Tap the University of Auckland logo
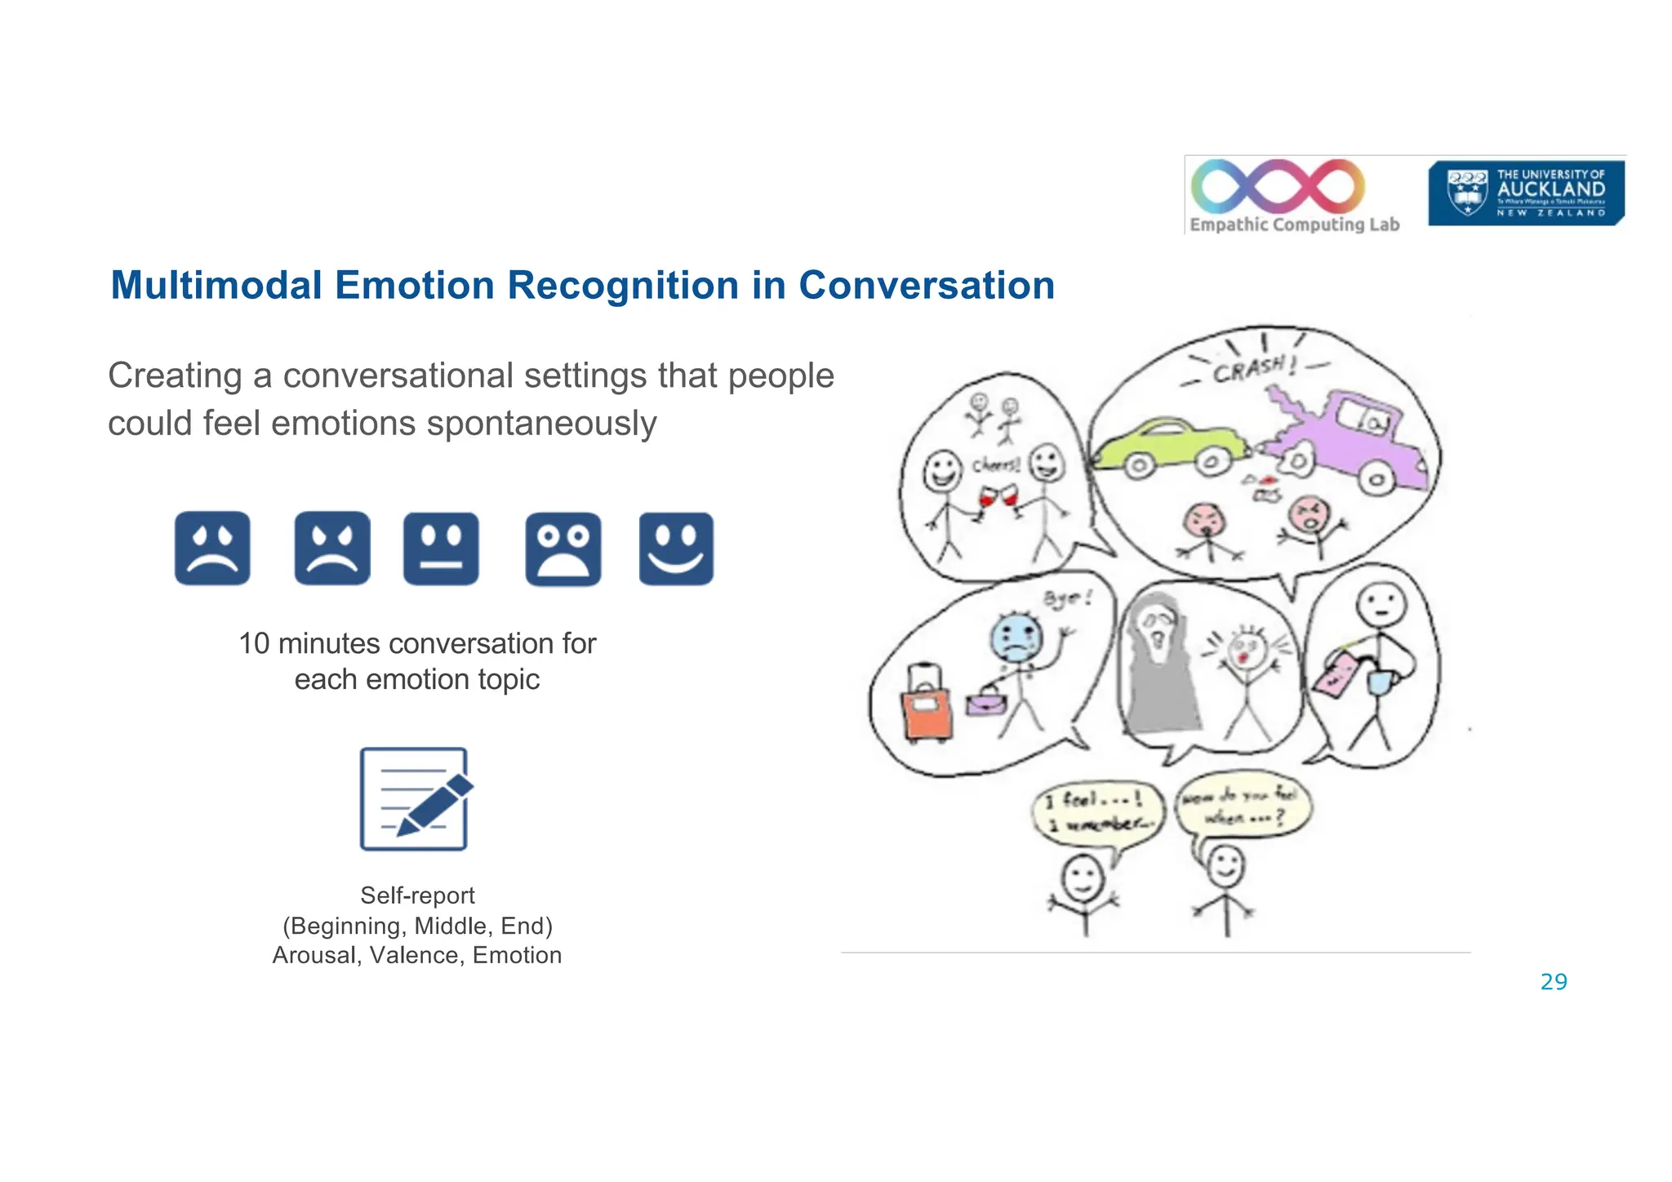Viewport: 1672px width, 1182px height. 1525,193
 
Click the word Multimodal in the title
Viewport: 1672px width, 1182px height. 216,286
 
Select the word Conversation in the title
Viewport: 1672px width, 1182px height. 926,286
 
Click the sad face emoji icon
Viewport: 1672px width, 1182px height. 212,548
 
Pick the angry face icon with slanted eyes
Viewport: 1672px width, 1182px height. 331,548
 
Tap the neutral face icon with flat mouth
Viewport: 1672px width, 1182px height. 441,548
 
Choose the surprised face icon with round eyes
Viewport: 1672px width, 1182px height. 563,549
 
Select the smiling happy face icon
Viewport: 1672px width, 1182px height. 676,548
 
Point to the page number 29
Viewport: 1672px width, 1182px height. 1553,982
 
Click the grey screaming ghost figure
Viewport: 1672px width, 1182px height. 1158,669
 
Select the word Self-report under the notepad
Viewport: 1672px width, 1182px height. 417,895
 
